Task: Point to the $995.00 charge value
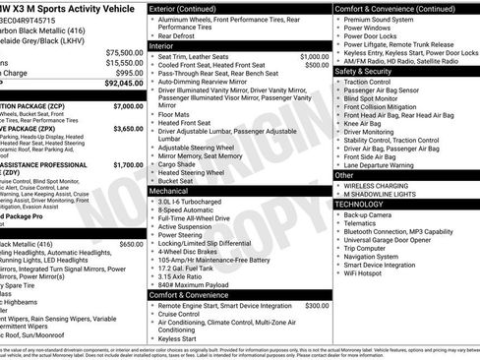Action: click(x=128, y=73)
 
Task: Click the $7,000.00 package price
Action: click(x=127, y=104)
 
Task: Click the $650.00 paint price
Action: click(x=131, y=243)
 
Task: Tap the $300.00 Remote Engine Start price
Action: click(x=317, y=306)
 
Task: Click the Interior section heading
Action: click(x=163, y=45)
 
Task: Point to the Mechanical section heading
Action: click(x=170, y=190)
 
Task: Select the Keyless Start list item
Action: click(x=178, y=337)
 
